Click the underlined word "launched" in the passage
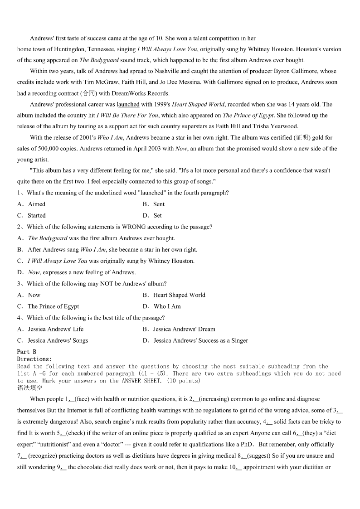[x=128, y=104]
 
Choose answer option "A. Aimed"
[x=32, y=204]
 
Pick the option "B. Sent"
[x=154, y=204]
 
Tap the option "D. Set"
[x=152, y=216]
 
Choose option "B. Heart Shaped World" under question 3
[x=174, y=295]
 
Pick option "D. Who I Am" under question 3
[x=162, y=306]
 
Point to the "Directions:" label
[x=34, y=359]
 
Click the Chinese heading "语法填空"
[x=30, y=388]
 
